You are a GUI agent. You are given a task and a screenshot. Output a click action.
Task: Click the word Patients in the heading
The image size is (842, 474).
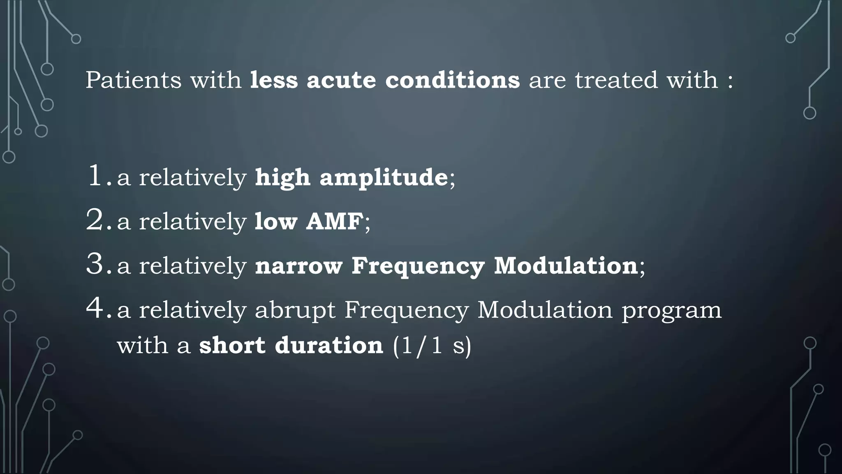(133, 80)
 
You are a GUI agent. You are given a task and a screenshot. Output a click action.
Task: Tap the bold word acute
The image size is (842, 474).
(341, 80)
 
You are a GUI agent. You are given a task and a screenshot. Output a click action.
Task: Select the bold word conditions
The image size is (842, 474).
(452, 80)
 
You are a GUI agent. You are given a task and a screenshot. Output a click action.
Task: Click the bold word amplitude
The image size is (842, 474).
(384, 178)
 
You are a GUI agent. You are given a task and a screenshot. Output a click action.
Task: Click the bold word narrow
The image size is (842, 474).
(298, 266)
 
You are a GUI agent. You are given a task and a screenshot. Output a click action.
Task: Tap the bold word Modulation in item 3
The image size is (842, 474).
(566, 266)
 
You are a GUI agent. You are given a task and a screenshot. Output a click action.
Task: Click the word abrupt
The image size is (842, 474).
(295, 311)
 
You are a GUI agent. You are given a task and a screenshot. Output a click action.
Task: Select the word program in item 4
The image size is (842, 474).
(671, 311)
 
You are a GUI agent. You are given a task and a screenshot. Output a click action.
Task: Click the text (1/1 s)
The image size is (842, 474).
(432, 346)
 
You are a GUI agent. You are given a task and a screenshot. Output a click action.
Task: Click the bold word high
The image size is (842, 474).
(282, 178)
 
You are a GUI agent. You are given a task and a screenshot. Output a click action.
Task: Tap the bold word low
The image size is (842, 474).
(275, 221)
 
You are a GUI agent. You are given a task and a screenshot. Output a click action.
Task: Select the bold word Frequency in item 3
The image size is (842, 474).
(418, 267)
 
